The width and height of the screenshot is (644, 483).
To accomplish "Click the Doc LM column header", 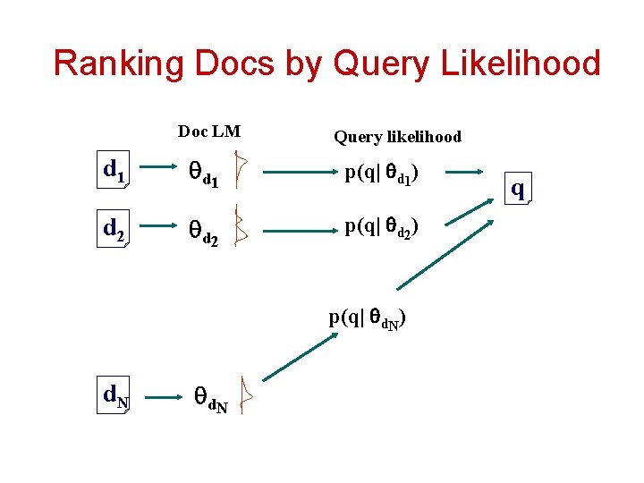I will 209,131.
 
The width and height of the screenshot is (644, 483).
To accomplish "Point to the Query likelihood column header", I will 397,137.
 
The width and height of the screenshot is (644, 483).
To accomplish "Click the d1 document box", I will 114,170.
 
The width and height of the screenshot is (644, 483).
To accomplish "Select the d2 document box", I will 114,230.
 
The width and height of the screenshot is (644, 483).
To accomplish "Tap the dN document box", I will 115,395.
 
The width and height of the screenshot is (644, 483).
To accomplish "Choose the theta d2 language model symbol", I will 201,233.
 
